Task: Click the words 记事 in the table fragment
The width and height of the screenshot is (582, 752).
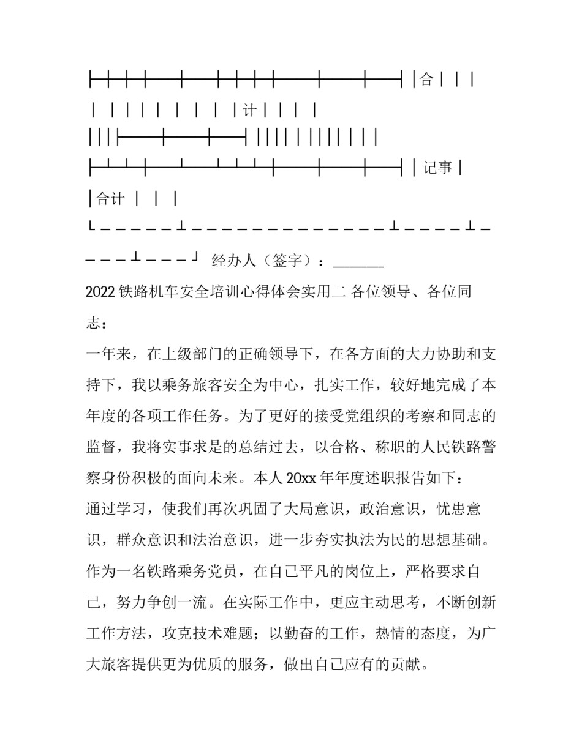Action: coord(437,167)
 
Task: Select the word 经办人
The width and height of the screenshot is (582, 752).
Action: coord(233,261)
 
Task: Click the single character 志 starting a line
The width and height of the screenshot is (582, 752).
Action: coord(93,324)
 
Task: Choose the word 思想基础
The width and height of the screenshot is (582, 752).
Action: coord(450,540)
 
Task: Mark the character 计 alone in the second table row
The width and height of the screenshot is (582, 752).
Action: coord(249,111)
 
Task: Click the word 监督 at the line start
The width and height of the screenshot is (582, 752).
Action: coord(100,447)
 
